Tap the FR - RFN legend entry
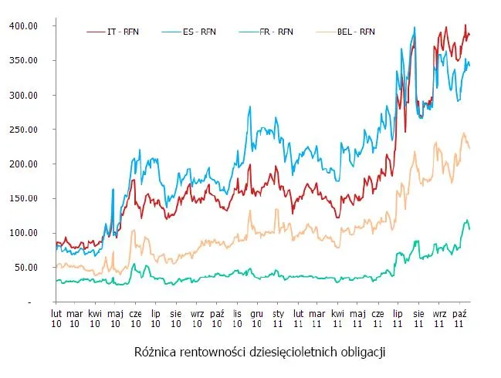click(277, 32)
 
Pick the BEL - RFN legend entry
click(356, 32)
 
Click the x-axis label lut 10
click(56, 319)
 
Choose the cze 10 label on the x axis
click(135, 319)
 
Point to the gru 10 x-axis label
click(258, 319)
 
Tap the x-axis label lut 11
click(298, 319)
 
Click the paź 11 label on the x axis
click(459, 319)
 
